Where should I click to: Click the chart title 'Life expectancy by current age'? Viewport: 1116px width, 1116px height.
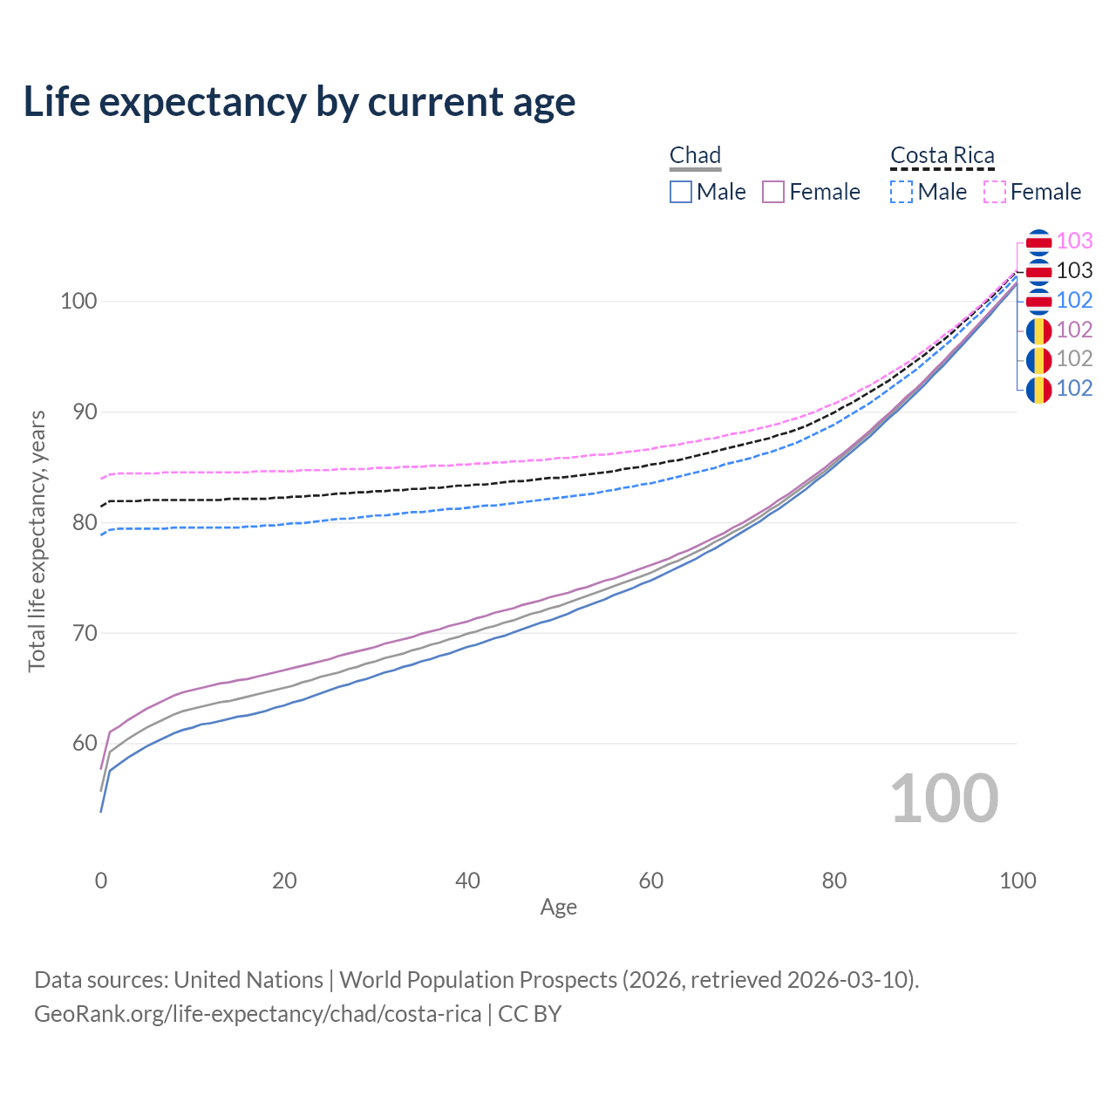(x=299, y=102)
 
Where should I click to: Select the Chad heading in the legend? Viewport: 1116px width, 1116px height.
(x=695, y=155)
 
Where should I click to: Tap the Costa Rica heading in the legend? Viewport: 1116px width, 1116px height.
(x=942, y=155)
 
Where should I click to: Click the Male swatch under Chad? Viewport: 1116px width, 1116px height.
(x=681, y=192)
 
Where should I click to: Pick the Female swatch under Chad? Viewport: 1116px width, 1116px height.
(x=773, y=192)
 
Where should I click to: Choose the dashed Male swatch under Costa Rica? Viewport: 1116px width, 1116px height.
(x=902, y=192)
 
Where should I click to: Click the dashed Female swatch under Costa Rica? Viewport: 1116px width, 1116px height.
(x=995, y=192)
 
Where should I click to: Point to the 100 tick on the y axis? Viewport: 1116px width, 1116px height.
(x=78, y=302)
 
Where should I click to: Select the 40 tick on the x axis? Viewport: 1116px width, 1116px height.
(x=467, y=881)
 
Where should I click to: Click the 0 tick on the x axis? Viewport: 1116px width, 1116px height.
(x=101, y=881)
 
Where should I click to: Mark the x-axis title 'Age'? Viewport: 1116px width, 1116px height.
(x=558, y=908)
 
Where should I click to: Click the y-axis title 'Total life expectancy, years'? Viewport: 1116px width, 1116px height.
(x=37, y=541)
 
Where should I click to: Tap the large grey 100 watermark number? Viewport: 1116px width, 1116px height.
(x=943, y=799)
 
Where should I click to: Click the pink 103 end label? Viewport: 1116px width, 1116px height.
(x=1074, y=242)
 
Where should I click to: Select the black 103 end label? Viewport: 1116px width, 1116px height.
(x=1074, y=271)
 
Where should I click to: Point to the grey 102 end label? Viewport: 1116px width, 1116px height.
(x=1074, y=359)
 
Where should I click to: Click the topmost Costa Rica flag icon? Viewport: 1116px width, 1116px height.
(x=1038, y=242)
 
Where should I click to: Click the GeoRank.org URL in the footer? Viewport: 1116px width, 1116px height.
(x=257, y=1014)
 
